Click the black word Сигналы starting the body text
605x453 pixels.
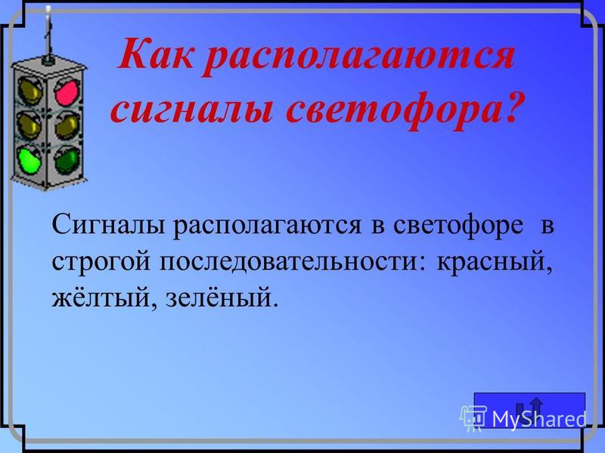pyautogui.click(x=109, y=224)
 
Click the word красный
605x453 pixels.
pyautogui.click(x=494, y=263)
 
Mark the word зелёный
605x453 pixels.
pyautogui.click(x=222, y=297)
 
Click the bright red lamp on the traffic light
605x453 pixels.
pyautogui.click(x=67, y=93)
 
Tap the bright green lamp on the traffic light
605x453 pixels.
pyautogui.click(x=29, y=160)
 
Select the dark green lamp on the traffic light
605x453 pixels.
pyautogui.click(x=67, y=160)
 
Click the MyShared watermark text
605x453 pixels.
pyautogui.click(x=539, y=418)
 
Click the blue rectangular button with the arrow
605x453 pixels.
pyautogui.click(x=529, y=410)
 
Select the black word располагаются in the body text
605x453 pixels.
pyautogui.click(x=267, y=226)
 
